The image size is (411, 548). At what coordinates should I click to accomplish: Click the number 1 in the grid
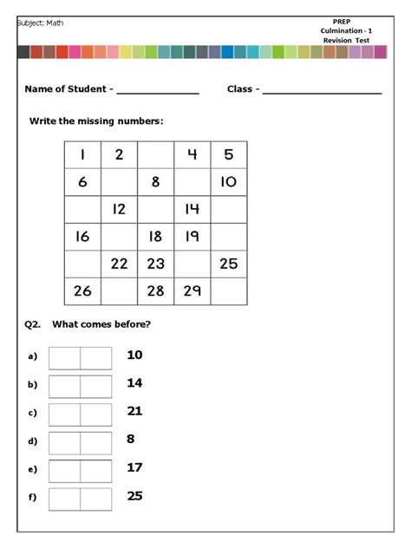point(82,155)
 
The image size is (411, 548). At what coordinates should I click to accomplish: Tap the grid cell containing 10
point(228,182)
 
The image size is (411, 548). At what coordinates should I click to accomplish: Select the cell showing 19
point(192,236)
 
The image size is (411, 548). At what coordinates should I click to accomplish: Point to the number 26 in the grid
point(82,290)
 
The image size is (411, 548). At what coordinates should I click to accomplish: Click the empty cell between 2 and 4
point(155,155)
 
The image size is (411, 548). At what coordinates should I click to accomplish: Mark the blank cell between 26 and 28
point(119,290)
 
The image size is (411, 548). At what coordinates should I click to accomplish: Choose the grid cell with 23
point(155,264)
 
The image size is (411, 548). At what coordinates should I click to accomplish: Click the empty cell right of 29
point(228,290)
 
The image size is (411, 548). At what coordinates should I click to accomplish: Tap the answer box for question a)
point(81,358)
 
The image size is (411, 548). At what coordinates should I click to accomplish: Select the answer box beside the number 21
point(81,414)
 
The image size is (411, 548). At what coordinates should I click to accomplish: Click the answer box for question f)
point(81,499)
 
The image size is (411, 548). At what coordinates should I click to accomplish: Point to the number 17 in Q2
point(134,467)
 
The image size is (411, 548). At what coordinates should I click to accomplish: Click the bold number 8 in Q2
point(131,439)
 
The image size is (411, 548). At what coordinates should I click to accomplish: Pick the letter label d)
point(33,441)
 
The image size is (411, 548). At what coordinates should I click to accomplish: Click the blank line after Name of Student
point(158,90)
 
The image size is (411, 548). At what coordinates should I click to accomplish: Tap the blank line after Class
point(322,90)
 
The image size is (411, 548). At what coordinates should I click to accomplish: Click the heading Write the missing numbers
point(96,121)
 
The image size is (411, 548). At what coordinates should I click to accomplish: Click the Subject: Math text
point(41,23)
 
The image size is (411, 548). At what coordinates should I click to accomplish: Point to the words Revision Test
point(347,41)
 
